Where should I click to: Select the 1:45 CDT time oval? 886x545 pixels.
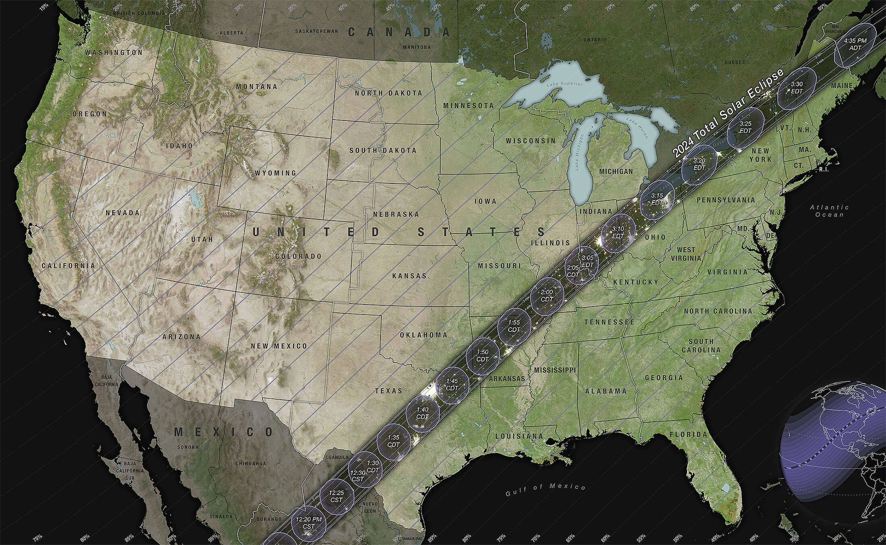(452, 384)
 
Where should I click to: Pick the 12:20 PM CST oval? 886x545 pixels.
(309, 523)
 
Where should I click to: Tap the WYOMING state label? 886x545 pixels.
(275, 173)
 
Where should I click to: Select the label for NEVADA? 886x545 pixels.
(122, 213)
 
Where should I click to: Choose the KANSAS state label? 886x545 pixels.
(409, 276)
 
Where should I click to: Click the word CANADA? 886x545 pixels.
(399, 32)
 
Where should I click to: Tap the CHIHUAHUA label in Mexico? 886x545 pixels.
(250, 463)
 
